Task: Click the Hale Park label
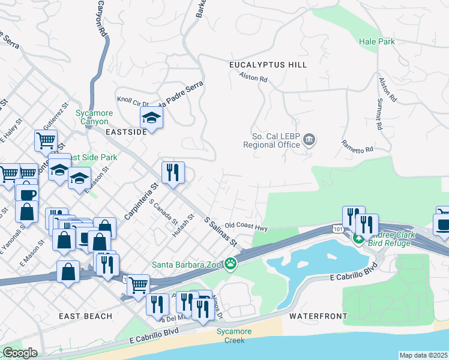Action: [x=376, y=41]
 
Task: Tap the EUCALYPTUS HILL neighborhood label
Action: [x=268, y=65]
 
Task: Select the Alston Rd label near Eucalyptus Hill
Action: [x=253, y=77]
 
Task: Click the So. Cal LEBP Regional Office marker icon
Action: [x=309, y=140]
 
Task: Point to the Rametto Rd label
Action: [x=357, y=145]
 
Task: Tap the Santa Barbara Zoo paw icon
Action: [x=231, y=263]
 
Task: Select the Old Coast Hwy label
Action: [x=246, y=226]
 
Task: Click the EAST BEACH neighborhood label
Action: [x=86, y=316]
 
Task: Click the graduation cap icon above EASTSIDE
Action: [x=152, y=116]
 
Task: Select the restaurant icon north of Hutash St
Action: [x=173, y=173]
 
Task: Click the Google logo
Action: [x=20, y=353]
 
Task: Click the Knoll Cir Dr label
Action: [x=132, y=103]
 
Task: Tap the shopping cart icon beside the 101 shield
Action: [x=139, y=284]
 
